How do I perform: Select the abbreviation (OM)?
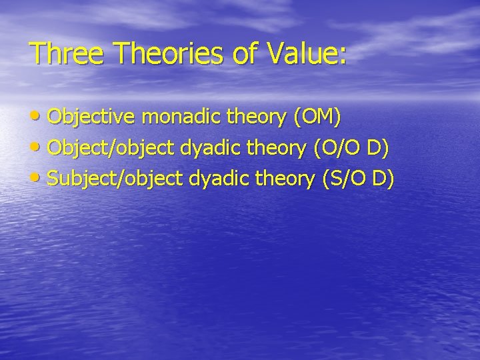[317, 119]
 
